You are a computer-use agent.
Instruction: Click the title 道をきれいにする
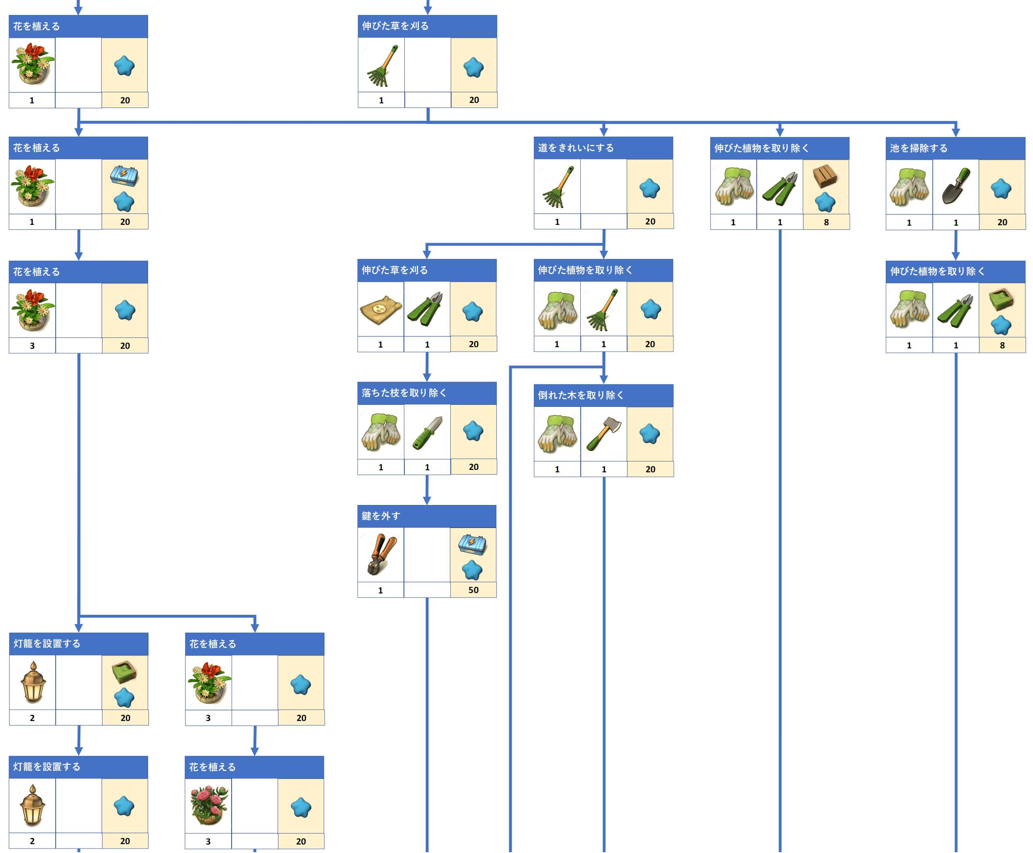[576, 148]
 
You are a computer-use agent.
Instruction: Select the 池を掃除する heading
[918, 148]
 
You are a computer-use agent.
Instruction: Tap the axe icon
[604, 434]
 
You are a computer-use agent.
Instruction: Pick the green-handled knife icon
[427, 432]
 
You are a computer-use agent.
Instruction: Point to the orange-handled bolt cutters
[381, 555]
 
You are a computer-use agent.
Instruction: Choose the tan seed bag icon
[381, 310]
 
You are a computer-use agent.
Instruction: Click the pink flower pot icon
[208, 805]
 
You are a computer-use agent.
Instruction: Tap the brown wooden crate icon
[825, 176]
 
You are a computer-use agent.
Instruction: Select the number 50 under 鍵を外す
[473, 590]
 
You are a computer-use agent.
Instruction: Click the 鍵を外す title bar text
[381, 516]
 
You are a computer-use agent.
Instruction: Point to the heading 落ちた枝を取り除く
[404, 393]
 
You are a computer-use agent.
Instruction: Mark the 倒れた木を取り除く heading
[581, 395]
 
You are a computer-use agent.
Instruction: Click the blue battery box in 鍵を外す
[472, 543]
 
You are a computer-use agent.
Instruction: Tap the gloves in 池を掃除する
[909, 187]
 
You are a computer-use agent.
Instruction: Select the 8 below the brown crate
[826, 222]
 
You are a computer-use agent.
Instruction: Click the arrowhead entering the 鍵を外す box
[427, 500]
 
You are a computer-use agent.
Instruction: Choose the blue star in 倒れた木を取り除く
[649, 434]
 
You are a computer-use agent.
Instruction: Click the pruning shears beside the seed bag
[427, 309]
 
